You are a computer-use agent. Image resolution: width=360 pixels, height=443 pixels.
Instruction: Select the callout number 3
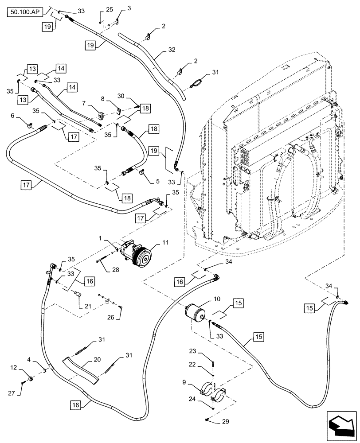click(117, 8)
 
